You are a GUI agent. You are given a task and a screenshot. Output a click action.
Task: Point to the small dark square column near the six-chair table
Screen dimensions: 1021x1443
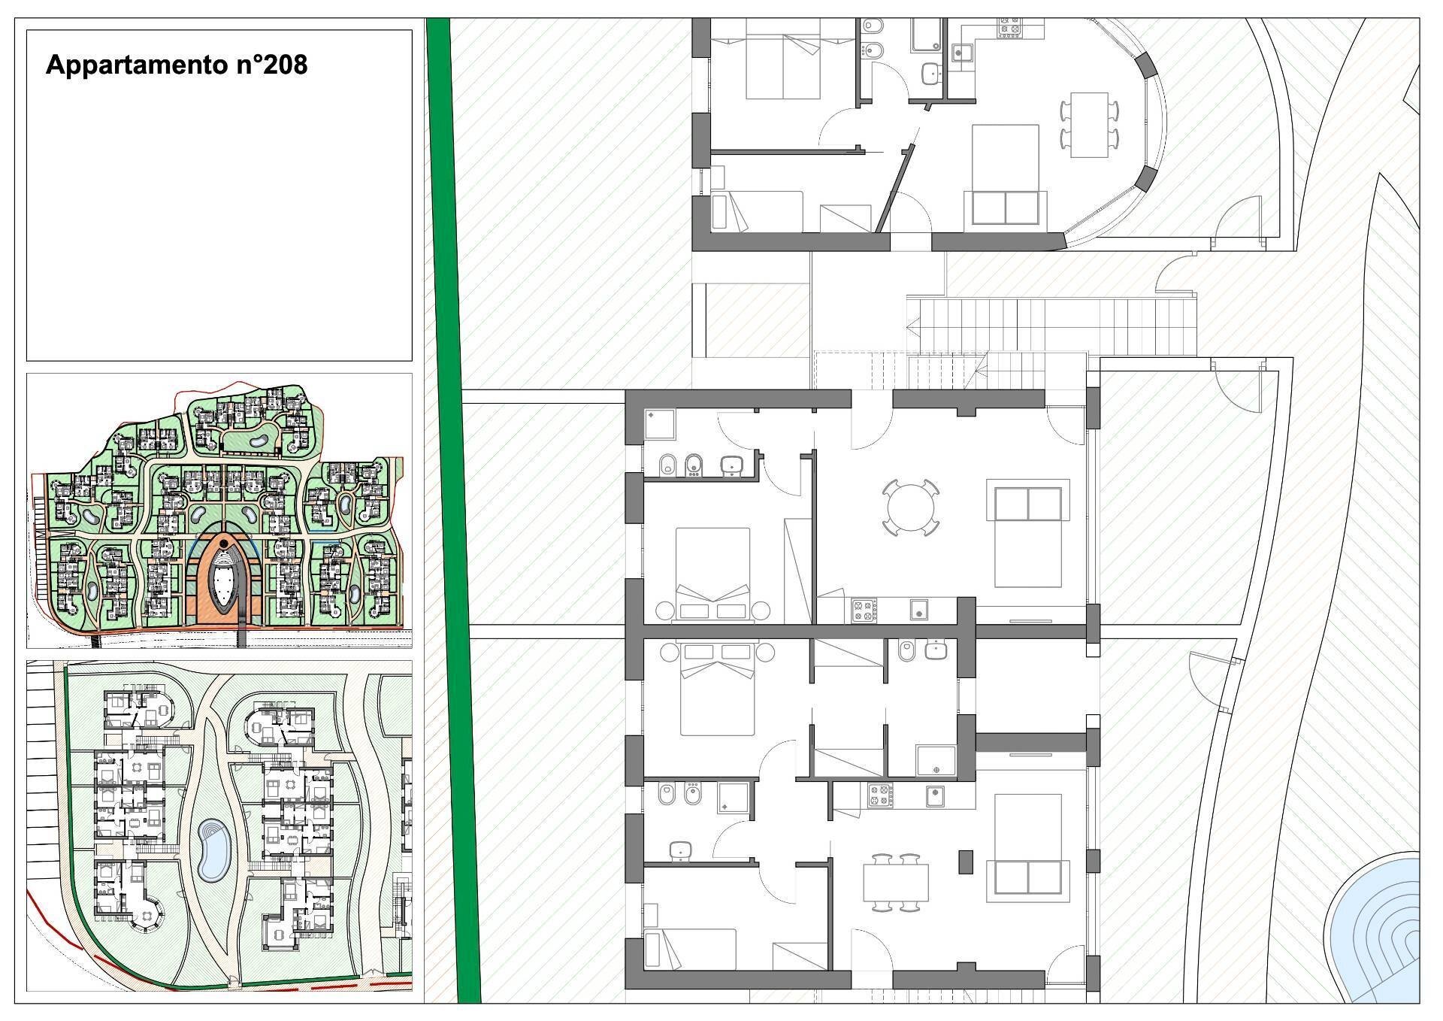965,861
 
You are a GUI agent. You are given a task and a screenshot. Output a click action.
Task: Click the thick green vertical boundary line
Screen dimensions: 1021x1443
453,511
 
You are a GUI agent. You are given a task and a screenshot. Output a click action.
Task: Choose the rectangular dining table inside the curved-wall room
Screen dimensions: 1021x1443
1089,125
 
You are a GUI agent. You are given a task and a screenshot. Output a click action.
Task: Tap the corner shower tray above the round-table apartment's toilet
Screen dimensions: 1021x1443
659,425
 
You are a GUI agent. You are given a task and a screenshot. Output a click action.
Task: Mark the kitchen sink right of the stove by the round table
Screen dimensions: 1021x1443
917,610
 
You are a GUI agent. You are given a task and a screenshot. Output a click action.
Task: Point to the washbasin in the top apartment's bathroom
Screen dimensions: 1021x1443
931,73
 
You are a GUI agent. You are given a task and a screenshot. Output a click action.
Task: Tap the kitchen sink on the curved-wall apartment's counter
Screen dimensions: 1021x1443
959,52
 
